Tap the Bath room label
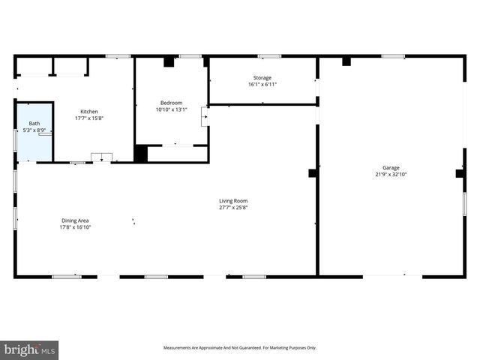tap(34, 123)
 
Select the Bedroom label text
tap(171, 103)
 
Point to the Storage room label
tap(262, 77)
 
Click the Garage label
tap(391, 168)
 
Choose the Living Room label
tap(233, 200)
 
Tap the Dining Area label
tap(75, 220)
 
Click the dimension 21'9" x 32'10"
tap(391, 175)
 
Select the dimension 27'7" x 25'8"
tap(233, 207)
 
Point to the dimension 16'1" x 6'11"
tap(262, 84)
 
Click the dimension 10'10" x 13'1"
tap(171, 109)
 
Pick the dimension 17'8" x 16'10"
tap(75, 227)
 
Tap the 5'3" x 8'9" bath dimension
tap(34, 130)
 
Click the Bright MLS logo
tap(29, 349)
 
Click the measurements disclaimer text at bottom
tap(240, 347)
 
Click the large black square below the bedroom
tap(141, 154)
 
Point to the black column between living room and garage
tap(313, 173)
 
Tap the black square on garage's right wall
tap(460, 173)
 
